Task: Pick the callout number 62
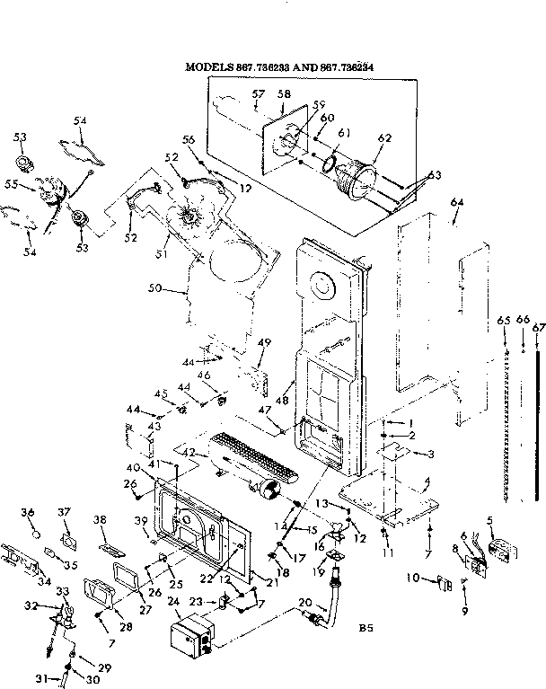tap(384, 138)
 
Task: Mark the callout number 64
tap(456, 204)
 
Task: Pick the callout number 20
tap(304, 602)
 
